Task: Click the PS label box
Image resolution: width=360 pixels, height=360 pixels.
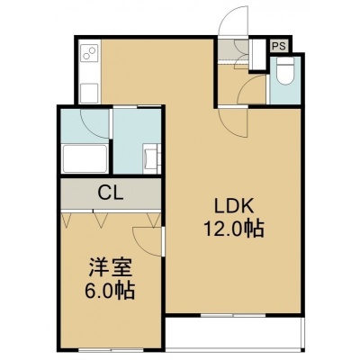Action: click(279, 46)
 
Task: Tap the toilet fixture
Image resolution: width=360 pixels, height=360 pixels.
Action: click(285, 70)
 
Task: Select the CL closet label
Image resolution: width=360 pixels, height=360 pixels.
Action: click(111, 193)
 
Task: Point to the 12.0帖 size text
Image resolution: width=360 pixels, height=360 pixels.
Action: click(234, 229)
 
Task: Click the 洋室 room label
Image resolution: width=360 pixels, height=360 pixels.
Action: click(110, 269)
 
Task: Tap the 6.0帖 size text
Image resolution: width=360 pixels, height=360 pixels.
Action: click(109, 290)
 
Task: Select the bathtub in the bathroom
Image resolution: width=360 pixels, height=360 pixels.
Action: click(85, 158)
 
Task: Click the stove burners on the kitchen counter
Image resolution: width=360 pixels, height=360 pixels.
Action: click(90, 53)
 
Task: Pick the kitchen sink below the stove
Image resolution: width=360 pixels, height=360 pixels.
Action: click(90, 93)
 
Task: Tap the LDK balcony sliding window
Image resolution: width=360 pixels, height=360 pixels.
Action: click(232, 315)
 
